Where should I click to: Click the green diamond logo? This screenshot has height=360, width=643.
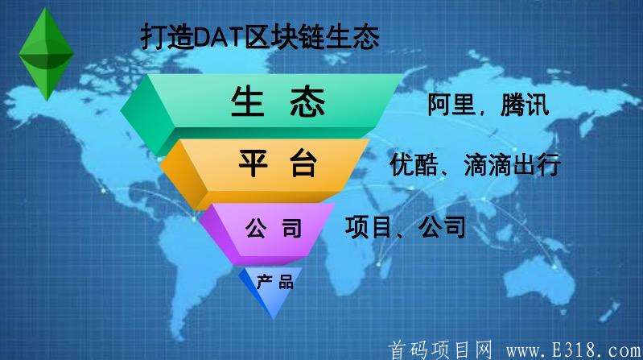[46, 51]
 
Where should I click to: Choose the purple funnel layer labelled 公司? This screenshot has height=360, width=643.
[273, 229]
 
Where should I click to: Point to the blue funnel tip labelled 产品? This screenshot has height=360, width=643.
[274, 283]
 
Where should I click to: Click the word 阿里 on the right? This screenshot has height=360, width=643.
[451, 105]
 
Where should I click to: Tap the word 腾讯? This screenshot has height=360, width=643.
[524, 105]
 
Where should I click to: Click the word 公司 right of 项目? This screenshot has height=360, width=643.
[442, 227]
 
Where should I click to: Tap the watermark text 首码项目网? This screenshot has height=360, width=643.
[439, 349]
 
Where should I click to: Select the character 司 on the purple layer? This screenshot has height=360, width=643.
[291, 229]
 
